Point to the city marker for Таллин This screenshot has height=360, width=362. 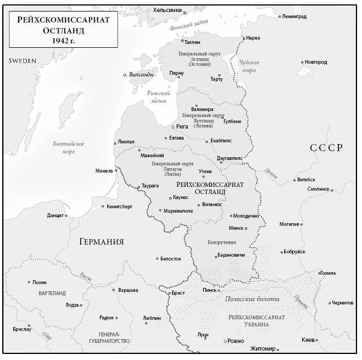click(182, 40)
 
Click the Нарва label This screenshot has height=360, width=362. click(254, 38)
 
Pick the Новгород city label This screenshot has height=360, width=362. click(316, 62)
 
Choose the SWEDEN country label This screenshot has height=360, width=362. click(23, 60)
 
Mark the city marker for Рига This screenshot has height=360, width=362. click(172, 126)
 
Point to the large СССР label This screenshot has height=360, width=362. click(326, 147)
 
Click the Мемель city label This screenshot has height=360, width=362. click(104, 171)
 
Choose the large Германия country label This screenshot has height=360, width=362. click(101, 242)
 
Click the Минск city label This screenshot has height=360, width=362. click(236, 228)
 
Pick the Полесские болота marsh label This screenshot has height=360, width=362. click(252, 299)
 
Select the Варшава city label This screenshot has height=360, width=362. click(129, 290)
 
